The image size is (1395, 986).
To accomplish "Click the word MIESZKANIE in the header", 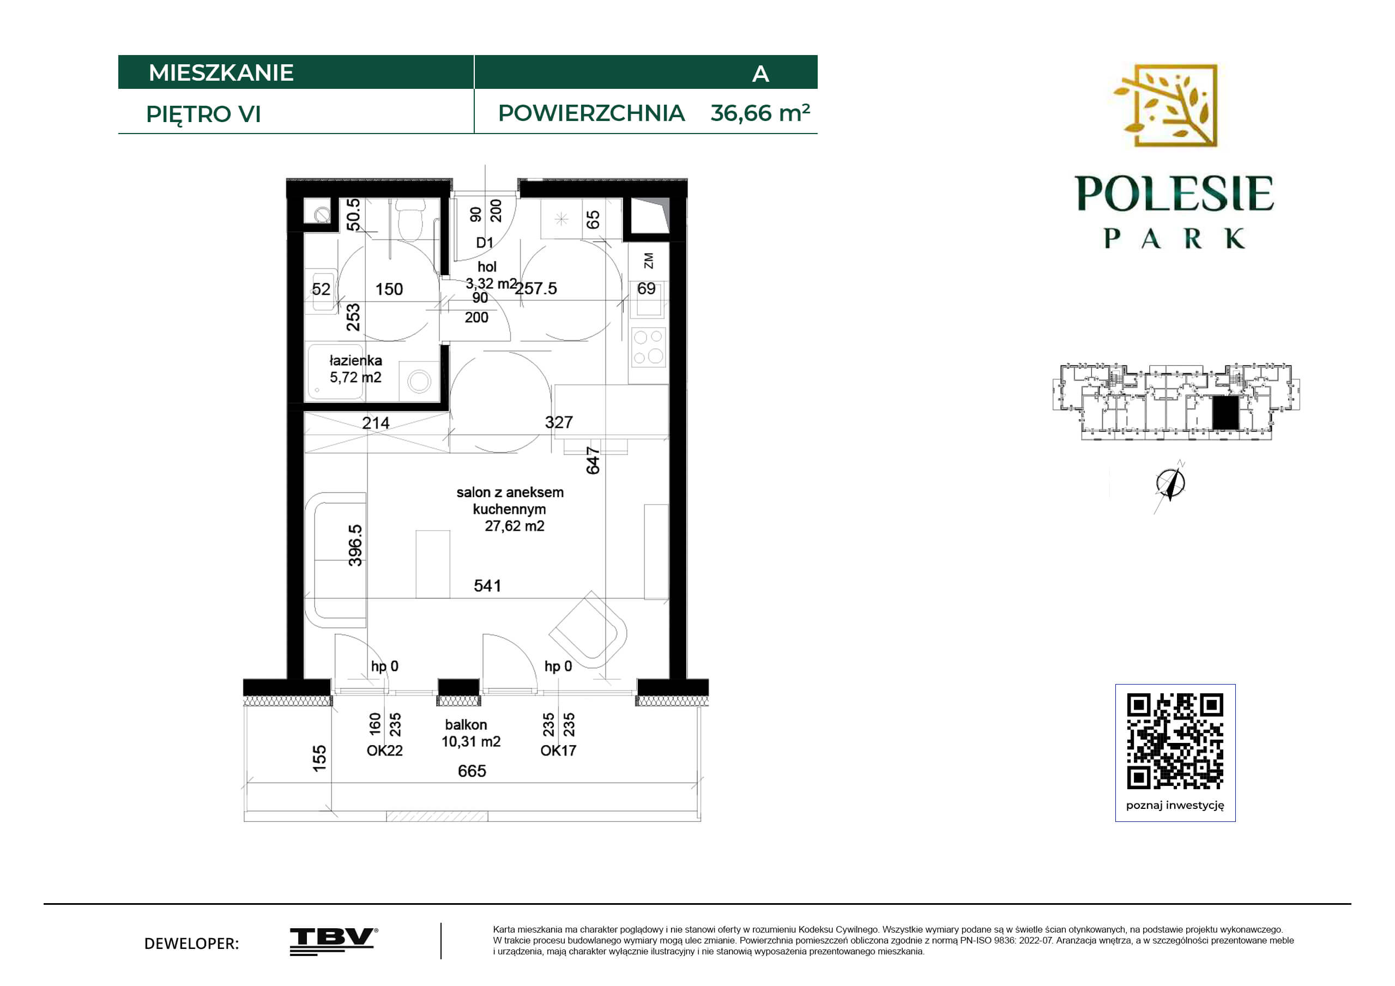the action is tap(221, 73).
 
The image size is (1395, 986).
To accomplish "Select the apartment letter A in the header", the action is tap(760, 74).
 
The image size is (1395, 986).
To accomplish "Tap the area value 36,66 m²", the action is tap(760, 112).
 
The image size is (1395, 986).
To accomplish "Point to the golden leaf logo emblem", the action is tap(1166, 106).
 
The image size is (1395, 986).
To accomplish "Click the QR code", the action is tap(1175, 741).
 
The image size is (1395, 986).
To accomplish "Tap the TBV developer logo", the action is tap(334, 942).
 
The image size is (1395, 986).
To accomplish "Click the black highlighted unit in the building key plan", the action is tap(1225, 414).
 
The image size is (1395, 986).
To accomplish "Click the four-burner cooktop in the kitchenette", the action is tap(648, 347).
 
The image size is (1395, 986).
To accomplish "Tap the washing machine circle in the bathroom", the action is tap(419, 382).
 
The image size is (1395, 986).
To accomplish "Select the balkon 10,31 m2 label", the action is tap(471, 733).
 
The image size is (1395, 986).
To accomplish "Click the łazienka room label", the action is tap(355, 361).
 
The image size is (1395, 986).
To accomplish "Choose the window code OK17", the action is tap(558, 751).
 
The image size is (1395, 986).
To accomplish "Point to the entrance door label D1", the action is tap(485, 243).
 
